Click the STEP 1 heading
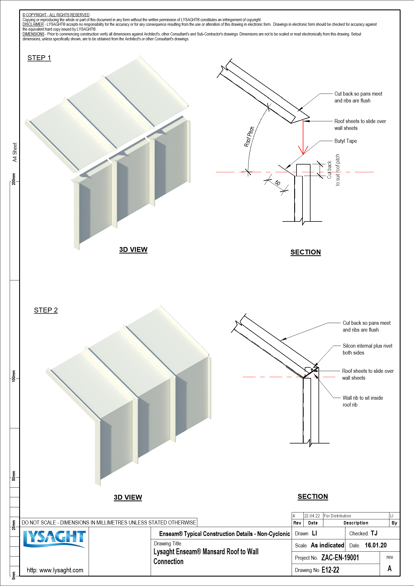click(39, 58)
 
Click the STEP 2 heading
click(46, 310)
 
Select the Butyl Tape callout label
click(345, 141)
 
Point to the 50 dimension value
click(277, 183)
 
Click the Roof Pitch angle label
click(249, 137)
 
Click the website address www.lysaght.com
click(55, 570)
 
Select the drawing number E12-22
click(330, 570)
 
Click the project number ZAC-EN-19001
click(340, 558)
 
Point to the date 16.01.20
click(375, 545)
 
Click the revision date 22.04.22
click(312, 516)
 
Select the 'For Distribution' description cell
click(337, 516)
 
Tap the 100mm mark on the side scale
click(13, 376)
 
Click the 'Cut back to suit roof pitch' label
click(333, 170)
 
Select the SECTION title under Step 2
click(313, 496)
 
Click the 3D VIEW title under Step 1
click(133, 250)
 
